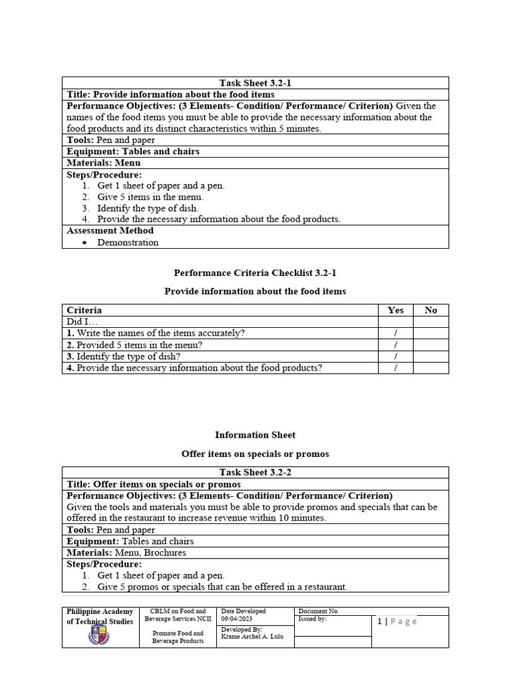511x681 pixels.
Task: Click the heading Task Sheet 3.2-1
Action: coord(255,83)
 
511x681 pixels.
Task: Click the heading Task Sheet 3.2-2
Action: coord(255,473)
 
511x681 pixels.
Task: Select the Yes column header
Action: coord(395,310)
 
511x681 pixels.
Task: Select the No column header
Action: coord(430,310)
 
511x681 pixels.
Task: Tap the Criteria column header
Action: coord(85,310)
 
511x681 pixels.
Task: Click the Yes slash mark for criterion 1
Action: coord(395,333)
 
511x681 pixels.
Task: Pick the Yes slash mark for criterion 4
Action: coord(395,368)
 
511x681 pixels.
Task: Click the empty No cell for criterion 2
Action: coord(430,344)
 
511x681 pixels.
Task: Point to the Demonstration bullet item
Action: coord(128,243)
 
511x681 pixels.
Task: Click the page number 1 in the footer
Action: coord(379,621)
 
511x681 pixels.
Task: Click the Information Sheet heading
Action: coord(255,435)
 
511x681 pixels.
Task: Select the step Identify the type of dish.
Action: coord(148,208)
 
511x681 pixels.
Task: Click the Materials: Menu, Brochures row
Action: coord(126,553)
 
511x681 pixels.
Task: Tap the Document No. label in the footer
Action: coord(319,611)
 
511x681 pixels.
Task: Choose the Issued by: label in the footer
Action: coord(313,618)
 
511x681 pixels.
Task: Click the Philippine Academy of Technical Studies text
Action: coord(100,616)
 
